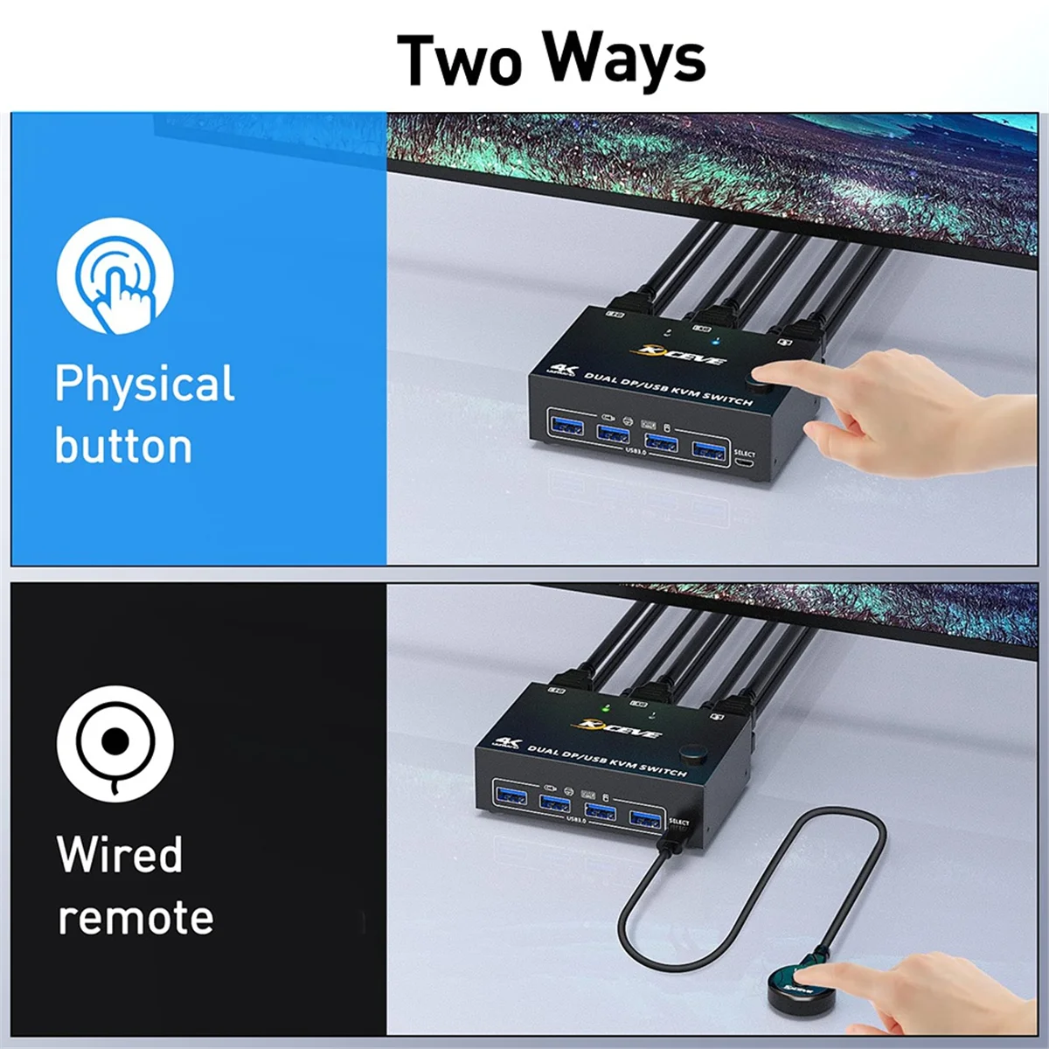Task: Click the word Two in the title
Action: point(460,59)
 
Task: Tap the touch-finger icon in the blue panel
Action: point(115,276)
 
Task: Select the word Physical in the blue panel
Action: point(145,384)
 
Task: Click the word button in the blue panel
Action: point(123,446)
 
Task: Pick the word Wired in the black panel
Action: point(120,854)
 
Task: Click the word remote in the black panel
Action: point(135,918)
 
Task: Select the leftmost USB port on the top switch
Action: point(566,426)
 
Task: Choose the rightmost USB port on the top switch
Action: point(709,450)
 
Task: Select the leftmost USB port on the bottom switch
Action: point(510,795)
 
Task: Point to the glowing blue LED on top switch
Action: point(716,341)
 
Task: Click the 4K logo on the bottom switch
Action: point(508,744)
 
